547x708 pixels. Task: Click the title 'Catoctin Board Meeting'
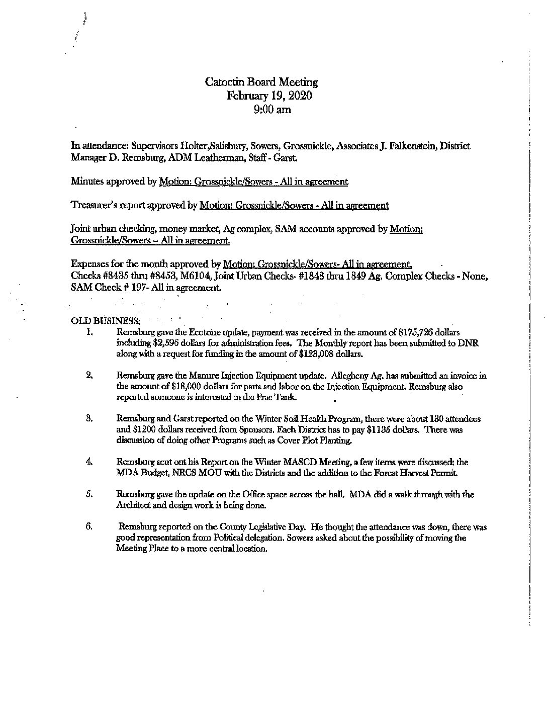coord(261,82)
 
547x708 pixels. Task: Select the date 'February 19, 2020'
coord(269,96)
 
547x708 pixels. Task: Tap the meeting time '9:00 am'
coord(273,109)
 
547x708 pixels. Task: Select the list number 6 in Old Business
coord(88,527)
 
